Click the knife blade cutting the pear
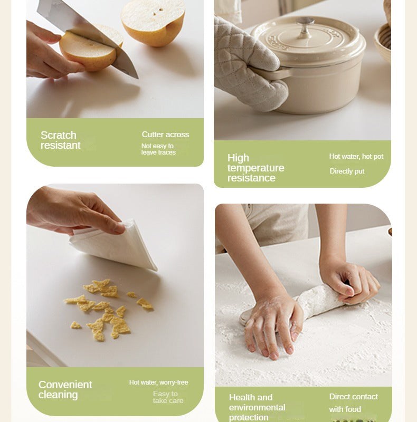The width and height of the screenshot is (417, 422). pos(89,35)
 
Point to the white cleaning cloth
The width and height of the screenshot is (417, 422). pos(113,245)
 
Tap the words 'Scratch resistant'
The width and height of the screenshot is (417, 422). pos(61,140)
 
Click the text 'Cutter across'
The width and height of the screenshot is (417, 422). pos(165,135)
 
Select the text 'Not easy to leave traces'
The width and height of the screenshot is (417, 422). pos(158,149)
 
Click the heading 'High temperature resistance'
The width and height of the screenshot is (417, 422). pos(255,168)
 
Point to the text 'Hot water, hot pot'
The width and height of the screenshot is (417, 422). pos(356,156)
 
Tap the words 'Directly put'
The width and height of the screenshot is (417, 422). pos(347,171)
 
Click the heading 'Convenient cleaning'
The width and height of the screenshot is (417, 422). pos(65,389)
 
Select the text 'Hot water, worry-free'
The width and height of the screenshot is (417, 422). pos(159,382)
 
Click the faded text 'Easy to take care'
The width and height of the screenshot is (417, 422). pos(168,397)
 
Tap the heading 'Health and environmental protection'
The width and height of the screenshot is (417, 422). pos(257,407)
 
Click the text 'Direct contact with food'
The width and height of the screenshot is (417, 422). pos(354,403)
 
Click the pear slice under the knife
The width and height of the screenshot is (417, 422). pos(89,51)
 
